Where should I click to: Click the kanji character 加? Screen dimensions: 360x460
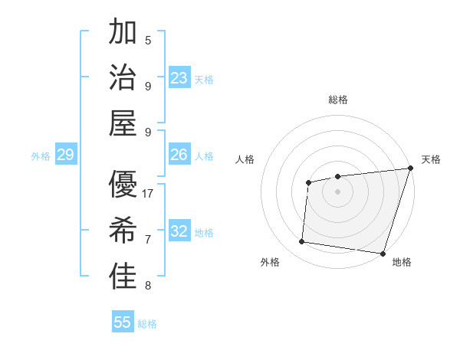tap(123, 33)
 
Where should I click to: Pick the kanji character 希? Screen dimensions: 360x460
tap(123, 231)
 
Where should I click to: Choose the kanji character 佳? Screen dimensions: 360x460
tap(123, 277)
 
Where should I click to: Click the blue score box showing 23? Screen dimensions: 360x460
tap(179, 78)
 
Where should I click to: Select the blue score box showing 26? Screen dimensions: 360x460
tap(179, 155)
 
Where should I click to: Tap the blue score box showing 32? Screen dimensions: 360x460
tap(179, 231)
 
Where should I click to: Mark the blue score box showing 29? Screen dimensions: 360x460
tap(65, 155)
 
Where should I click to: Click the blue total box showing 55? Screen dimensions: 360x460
tap(123, 322)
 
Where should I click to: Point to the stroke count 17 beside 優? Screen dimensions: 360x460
tap(149, 194)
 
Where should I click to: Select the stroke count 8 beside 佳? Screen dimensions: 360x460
tap(148, 286)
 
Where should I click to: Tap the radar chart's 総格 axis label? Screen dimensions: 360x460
tap(337, 100)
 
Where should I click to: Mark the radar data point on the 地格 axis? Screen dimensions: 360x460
tap(382, 253)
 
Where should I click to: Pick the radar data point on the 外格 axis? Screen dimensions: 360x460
tap(302, 242)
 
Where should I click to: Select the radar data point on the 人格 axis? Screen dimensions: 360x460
tap(308, 182)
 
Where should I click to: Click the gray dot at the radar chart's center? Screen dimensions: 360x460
tap(337, 191)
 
